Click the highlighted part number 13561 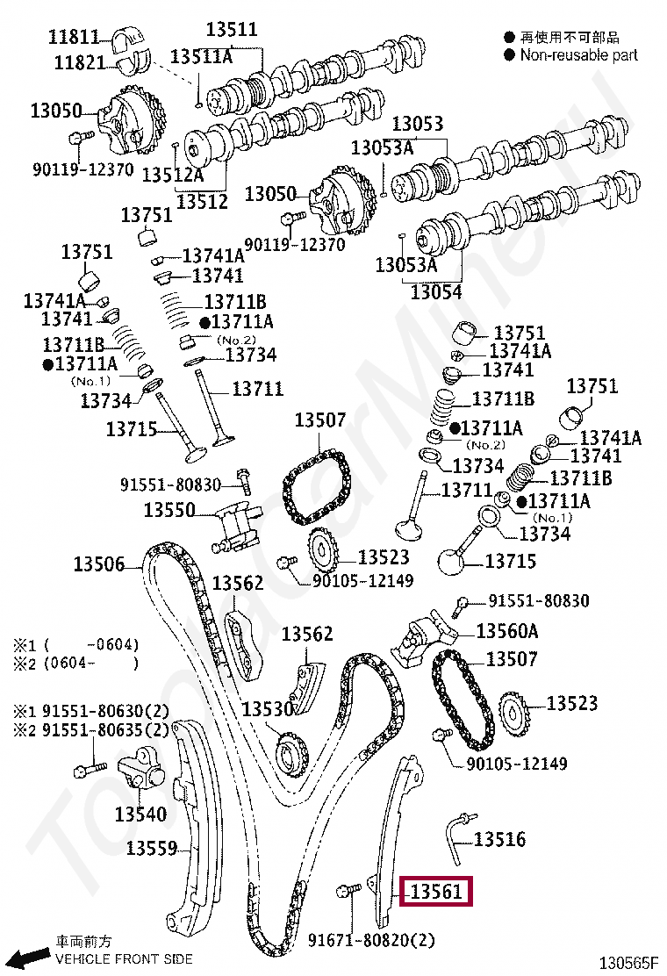pos(436,893)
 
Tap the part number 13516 pos(499,840)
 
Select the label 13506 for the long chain pos(98,564)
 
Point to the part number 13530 pos(268,709)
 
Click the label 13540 pos(140,815)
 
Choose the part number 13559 pos(152,849)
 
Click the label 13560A pos(507,631)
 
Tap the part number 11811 pos(74,37)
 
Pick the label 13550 pos(169,509)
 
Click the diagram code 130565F pos(628,963)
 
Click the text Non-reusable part pos(579,55)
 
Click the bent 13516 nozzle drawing pos(455,836)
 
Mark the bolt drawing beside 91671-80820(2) pos(347,892)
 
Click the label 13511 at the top pos(232,30)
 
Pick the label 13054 pos(435,291)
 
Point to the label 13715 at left pos(132,429)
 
